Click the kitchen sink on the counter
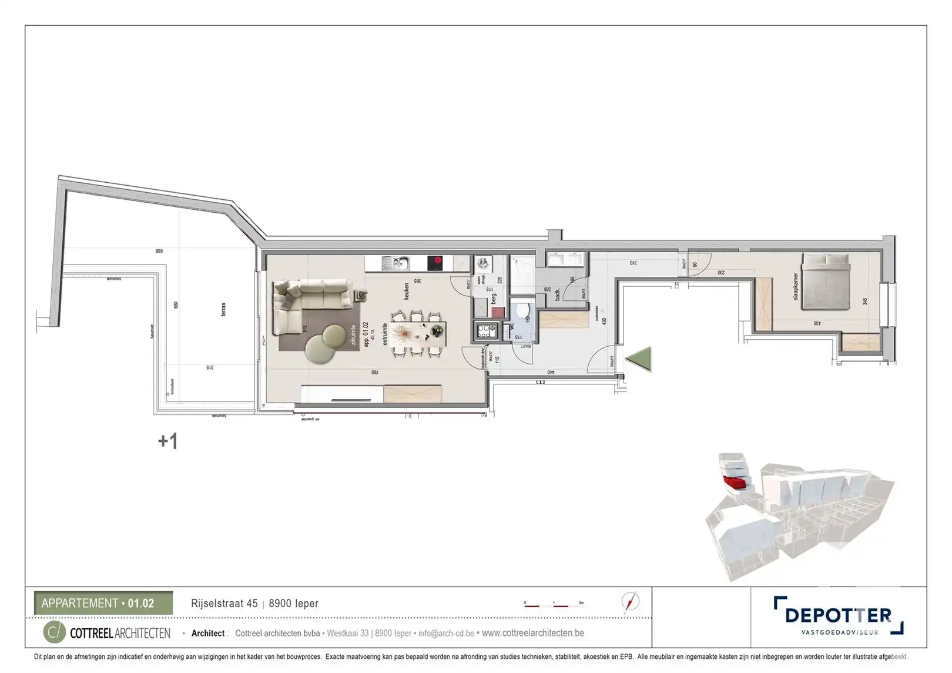click(395, 263)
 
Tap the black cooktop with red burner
click(435, 263)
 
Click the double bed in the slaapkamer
click(826, 282)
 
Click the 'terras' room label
click(223, 309)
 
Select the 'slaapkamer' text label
click(796, 287)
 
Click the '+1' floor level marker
click(167, 441)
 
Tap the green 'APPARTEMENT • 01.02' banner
click(103, 603)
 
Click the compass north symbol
click(630, 602)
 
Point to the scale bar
click(552, 604)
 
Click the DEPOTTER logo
click(838, 615)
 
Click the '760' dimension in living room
click(374, 372)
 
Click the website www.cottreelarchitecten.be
click(532, 633)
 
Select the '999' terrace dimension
click(159, 251)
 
